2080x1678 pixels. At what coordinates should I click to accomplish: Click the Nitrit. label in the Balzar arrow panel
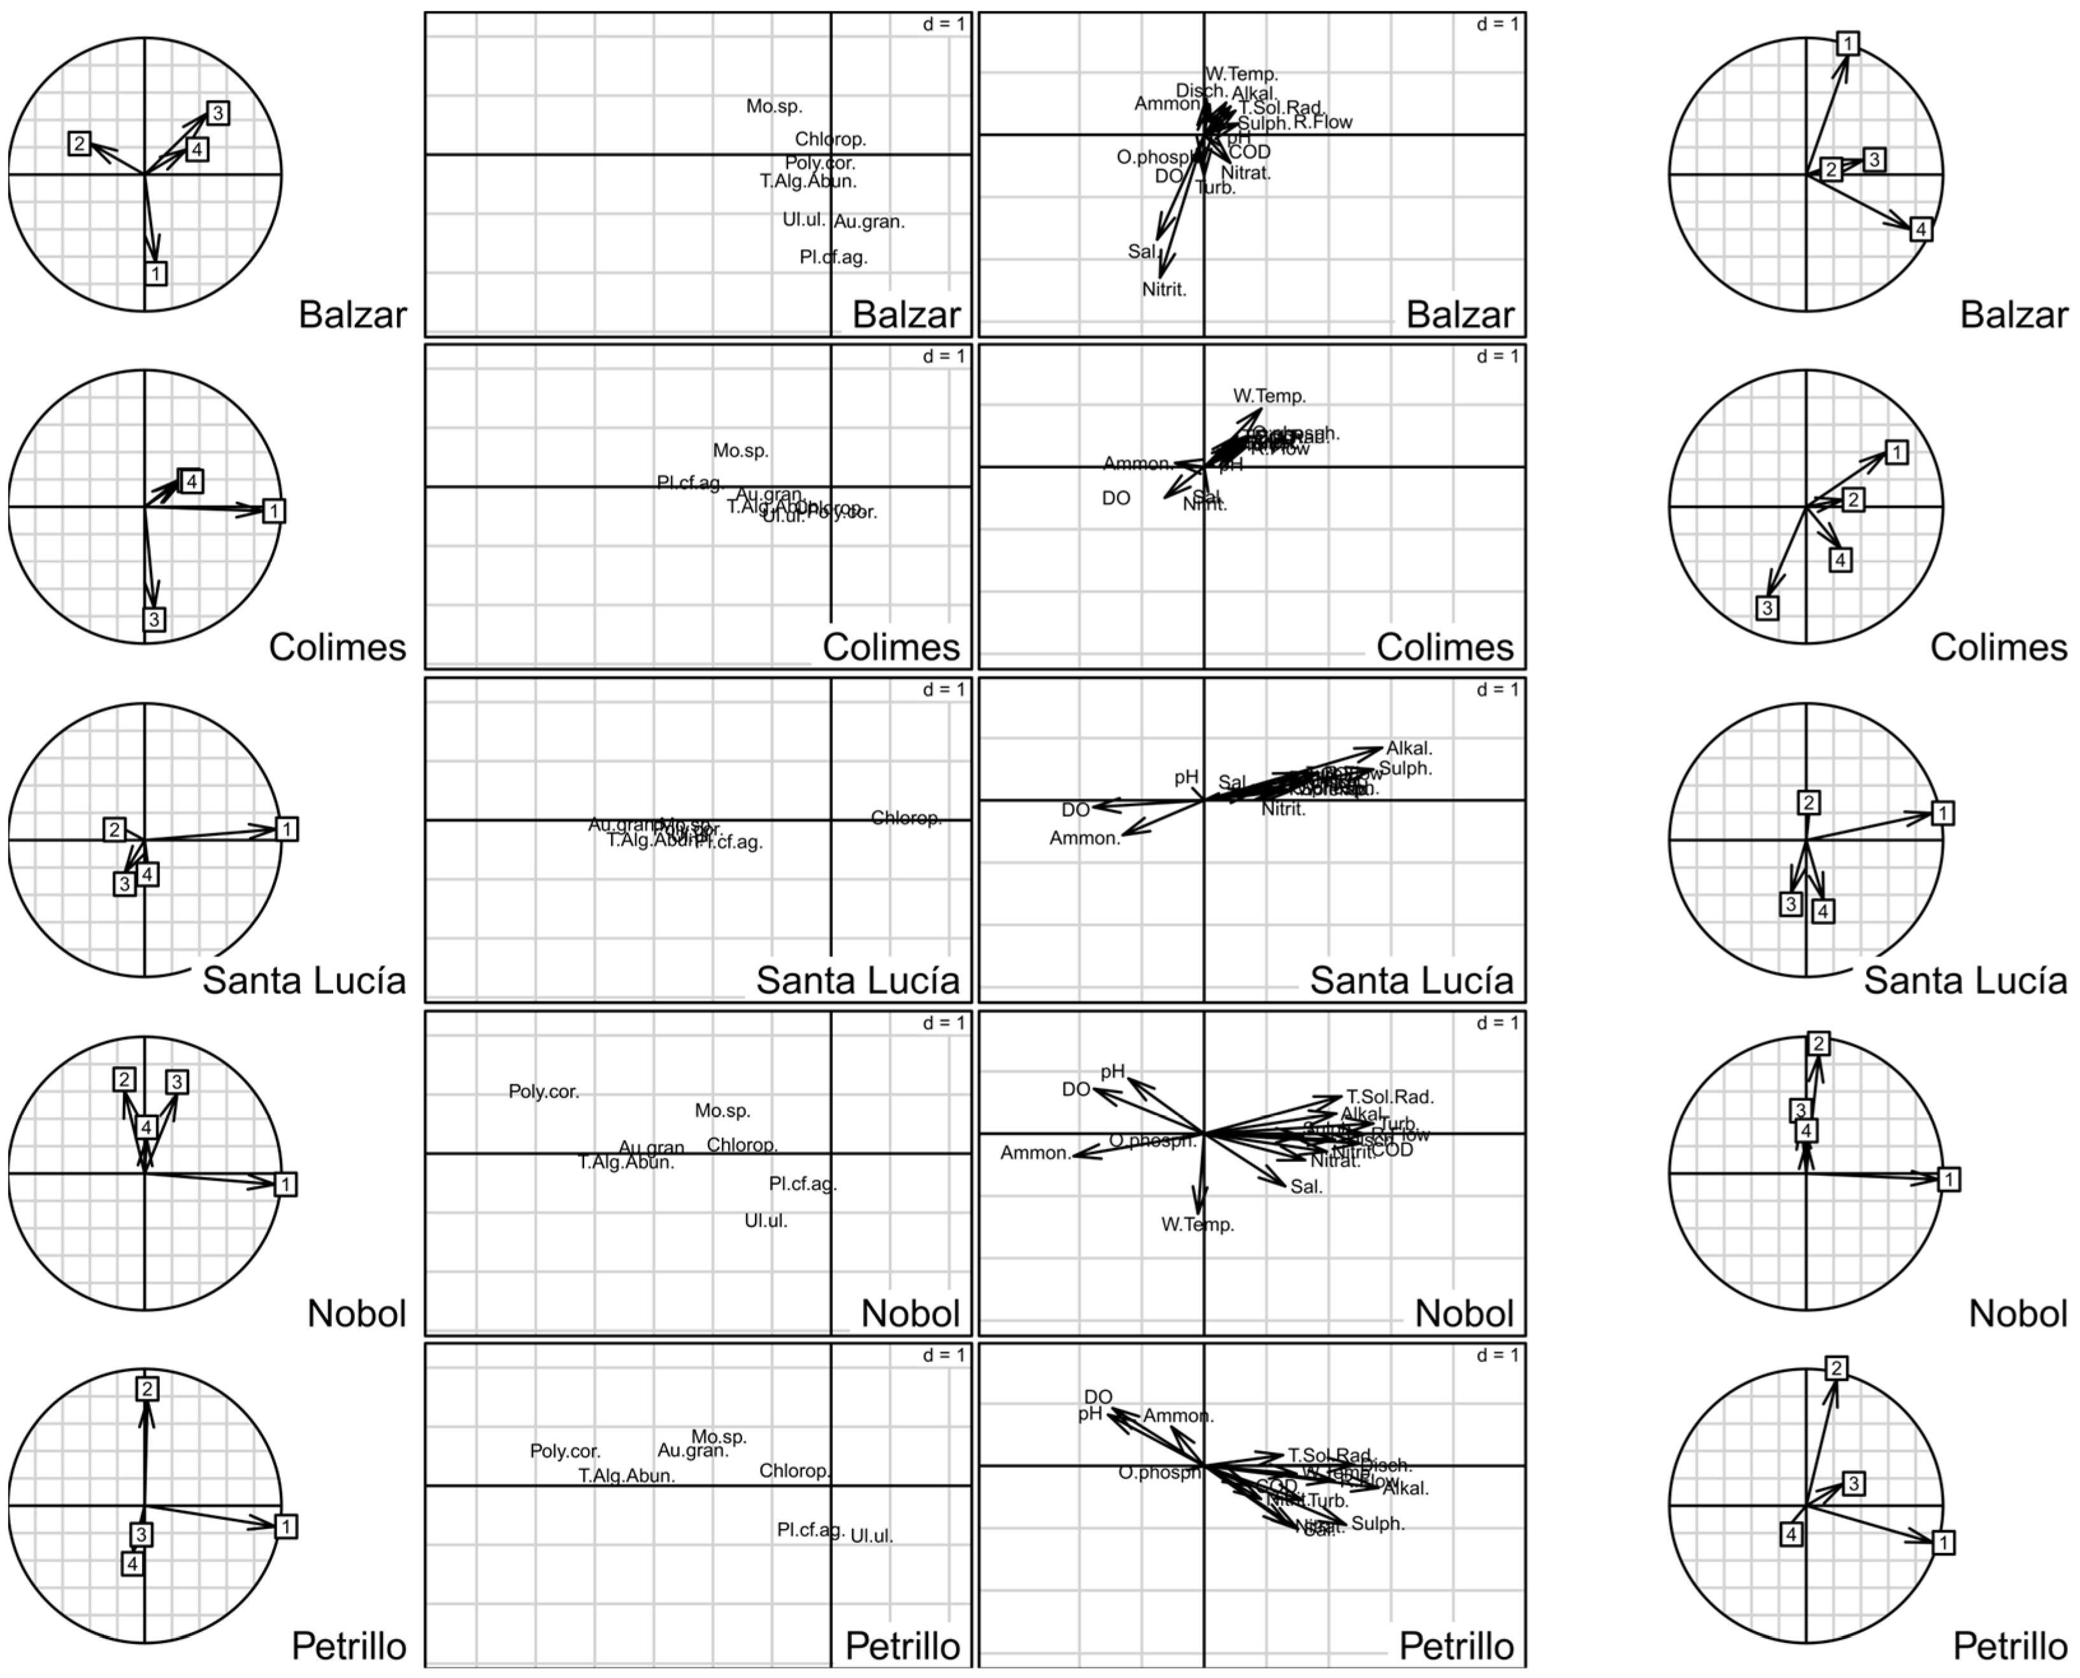[1164, 289]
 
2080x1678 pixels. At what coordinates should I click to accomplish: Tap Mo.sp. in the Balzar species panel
[774, 106]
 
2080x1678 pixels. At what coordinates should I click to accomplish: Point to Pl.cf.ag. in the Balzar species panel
[833, 257]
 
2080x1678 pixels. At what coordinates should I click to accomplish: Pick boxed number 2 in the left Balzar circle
[79, 144]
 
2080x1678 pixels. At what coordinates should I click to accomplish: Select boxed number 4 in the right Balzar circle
[1921, 229]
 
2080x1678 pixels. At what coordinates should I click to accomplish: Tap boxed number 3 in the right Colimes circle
[1767, 608]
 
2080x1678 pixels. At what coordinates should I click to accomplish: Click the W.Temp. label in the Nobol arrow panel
[1198, 1224]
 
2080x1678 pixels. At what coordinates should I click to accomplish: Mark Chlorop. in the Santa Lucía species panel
[906, 818]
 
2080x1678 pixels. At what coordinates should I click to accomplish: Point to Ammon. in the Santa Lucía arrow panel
[1084, 838]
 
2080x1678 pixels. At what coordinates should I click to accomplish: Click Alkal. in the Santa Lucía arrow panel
[1409, 748]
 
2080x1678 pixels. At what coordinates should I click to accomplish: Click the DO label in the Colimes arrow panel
[1115, 499]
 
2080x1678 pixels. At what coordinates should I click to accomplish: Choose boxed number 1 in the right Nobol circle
[1949, 1179]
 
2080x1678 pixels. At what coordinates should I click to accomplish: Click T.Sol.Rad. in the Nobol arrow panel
[1390, 1097]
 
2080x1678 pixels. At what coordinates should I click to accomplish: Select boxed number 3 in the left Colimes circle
[154, 619]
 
